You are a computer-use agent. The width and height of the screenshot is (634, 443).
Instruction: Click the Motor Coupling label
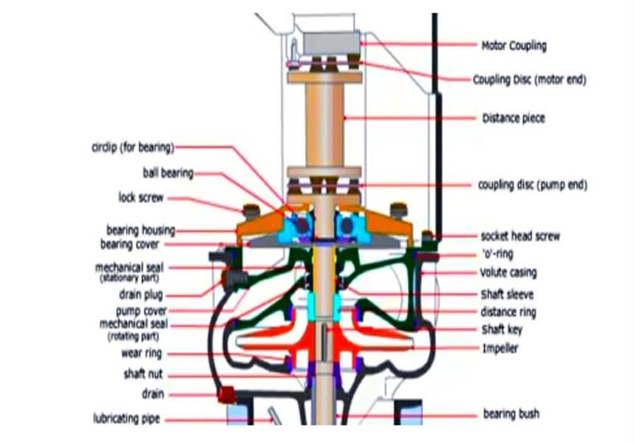coord(514,46)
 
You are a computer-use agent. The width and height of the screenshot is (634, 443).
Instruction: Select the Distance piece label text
coord(513,118)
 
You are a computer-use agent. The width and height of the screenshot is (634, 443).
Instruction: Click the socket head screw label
coord(520,236)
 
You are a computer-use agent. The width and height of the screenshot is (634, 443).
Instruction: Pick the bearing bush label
coord(511,413)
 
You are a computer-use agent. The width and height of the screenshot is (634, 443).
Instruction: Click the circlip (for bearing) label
coord(128,148)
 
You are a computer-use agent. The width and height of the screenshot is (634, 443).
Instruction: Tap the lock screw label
coord(140,198)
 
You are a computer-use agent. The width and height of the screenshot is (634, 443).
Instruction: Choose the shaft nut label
coord(143,374)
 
